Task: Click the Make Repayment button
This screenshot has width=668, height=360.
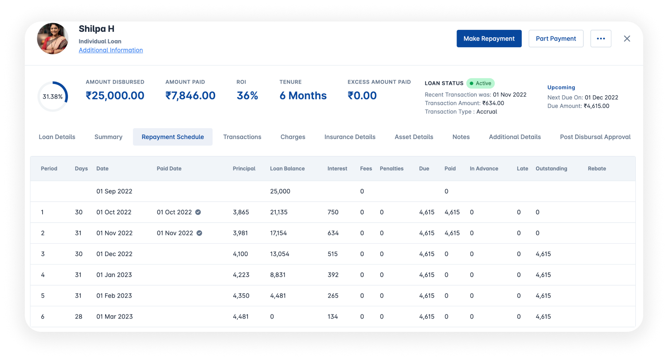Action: tap(489, 38)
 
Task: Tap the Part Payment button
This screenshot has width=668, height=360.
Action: tap(555, 38)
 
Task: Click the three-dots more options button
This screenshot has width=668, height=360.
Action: tap(601, 38)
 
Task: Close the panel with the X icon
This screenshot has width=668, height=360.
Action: tap(627, 38)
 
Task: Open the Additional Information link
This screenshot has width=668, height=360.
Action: tap(111, 50)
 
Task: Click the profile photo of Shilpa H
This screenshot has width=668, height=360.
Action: tap(53, 38)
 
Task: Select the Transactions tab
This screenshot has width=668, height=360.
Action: tap(242, 137)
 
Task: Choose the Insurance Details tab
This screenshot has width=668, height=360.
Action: tap(350, 137)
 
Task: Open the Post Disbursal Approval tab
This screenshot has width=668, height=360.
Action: tap(595, 137)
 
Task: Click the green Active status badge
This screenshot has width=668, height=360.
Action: tap(481, 83)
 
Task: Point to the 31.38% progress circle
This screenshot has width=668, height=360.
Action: tap(53, 96)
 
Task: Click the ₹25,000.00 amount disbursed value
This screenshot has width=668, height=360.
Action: tap(115, 96)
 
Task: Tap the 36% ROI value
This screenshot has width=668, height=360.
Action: tap(247, 96)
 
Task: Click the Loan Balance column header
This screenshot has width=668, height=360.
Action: tap(287, 168)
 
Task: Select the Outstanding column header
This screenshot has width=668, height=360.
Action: tap(551, 168)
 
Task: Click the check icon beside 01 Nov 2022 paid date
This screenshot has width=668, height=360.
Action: tap(199, 233)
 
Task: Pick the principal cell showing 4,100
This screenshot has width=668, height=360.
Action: tap(240, 254)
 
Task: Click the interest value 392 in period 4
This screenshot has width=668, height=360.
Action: tap(333, 275)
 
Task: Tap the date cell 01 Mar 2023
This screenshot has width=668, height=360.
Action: tap(114, 317)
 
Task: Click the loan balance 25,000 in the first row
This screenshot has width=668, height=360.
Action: tap(280, 191)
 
